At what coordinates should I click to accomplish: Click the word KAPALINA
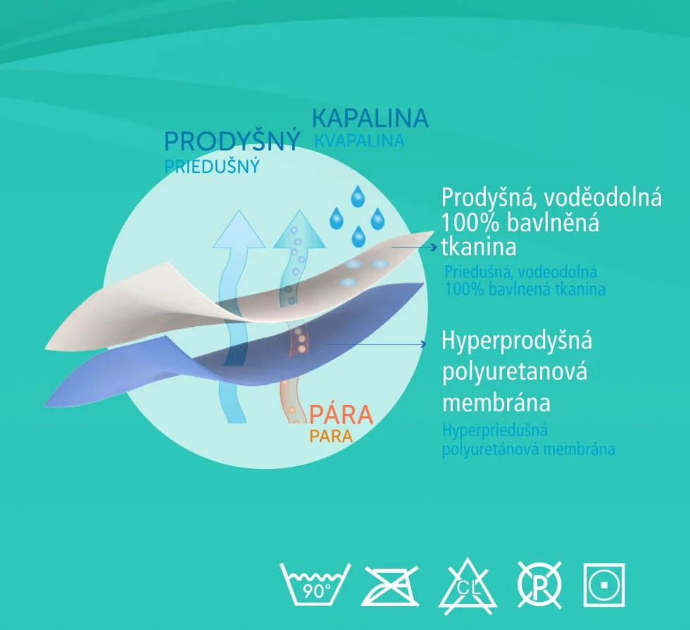click(x=370, y=117)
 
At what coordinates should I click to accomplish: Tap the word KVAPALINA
click(x=360, y=141)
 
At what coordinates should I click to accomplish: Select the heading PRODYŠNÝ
click(x=232, y=141)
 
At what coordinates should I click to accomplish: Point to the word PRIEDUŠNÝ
click(x=212, y=167)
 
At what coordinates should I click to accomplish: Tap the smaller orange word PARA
click(x=331, y=436)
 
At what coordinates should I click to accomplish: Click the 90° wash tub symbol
click(x=315, y=584)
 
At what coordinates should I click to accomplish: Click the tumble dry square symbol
click(x=604, y=585)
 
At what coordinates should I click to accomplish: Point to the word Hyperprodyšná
click(x=517, y=341)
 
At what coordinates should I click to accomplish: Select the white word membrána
click(x=496, y=403)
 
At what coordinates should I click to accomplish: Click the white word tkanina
click(x=478, y=247)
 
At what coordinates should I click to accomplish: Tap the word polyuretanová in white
click(x=515, y=372)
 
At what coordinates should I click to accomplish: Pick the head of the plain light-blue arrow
click(x=239, y=229)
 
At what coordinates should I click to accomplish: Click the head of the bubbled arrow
click(x=300, y=229)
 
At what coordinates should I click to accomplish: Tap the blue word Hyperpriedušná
click(x=494, y=430)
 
